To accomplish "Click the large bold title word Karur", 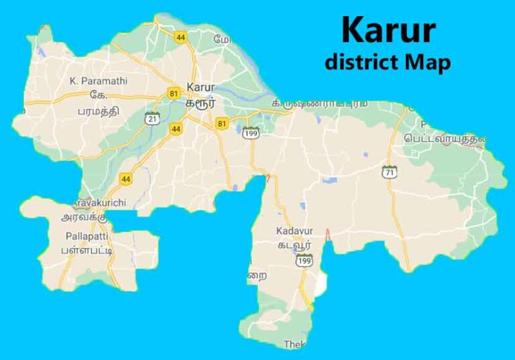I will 388,30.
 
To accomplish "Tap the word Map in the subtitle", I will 428,62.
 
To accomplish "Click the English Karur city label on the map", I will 201,87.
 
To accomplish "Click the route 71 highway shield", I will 389,172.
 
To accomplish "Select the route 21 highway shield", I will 154,117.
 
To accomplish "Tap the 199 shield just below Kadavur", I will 304,261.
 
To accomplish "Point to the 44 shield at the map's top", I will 180,38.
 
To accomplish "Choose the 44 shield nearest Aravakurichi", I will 126,178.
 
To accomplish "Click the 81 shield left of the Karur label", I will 176,93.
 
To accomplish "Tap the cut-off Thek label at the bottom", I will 295,344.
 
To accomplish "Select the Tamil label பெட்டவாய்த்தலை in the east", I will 444,139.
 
